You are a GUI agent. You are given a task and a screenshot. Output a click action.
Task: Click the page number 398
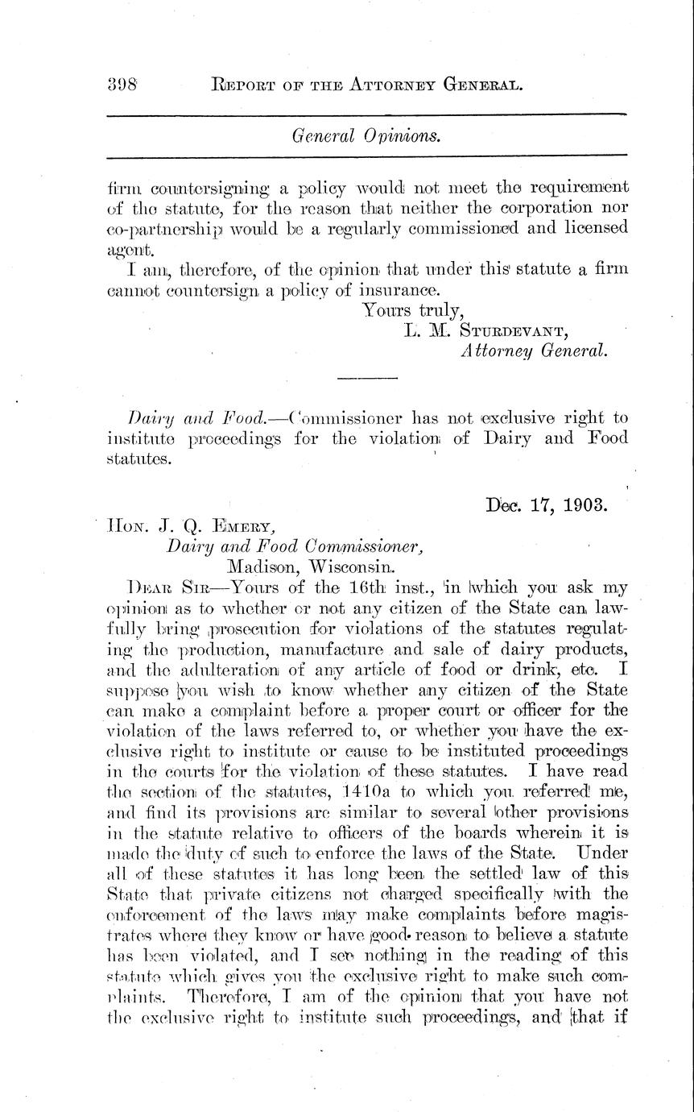pyautogui.click(x=123, y=83)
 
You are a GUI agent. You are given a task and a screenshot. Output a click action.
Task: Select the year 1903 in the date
pyautogui.click(x=584, y=507)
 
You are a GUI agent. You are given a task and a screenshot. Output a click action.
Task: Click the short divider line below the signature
pyautogui.click(x=366, y=378)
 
